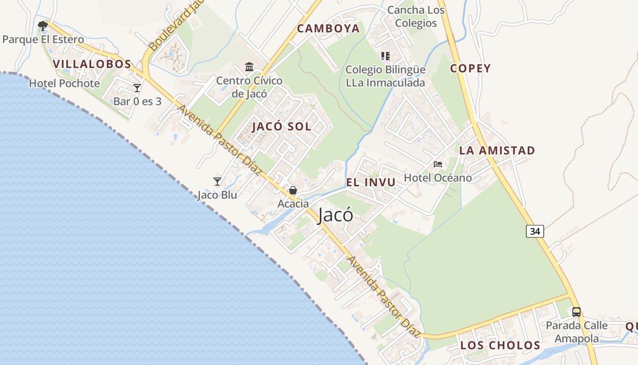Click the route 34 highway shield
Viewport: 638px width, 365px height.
[x=535, y=231]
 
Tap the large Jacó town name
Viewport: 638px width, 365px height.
[x=335, y=215]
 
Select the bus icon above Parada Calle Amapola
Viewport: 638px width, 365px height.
[x=576, y=312]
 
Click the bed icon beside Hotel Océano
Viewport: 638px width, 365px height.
[x=438, y=164]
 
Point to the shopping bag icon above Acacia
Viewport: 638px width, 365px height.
[x=293, y=190]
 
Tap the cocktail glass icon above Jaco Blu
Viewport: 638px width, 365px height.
[x=217, y=182]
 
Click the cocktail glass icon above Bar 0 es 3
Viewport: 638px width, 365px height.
[x=137, y=88]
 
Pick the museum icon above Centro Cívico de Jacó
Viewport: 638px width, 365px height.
[x=249, y=68]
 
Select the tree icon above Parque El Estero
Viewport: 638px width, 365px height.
[x=43, y=26]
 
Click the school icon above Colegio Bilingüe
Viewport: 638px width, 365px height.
[x=386, y=56]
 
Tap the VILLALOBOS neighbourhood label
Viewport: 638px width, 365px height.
[x=92, y=64]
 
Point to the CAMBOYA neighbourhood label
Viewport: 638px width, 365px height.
[x=328, y=29]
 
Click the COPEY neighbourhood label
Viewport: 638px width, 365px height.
[x=470, y=68]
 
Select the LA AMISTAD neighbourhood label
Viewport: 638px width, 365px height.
[x=497, y=151]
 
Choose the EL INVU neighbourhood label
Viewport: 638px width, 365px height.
[x=370, y=182]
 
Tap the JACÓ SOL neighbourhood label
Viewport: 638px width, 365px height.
[x=282, y=127]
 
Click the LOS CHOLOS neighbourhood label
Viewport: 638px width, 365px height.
[x=500, y=345]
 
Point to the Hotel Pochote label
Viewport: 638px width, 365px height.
[x=64, y=83]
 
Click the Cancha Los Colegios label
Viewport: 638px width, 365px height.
[x=416, y=17]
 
